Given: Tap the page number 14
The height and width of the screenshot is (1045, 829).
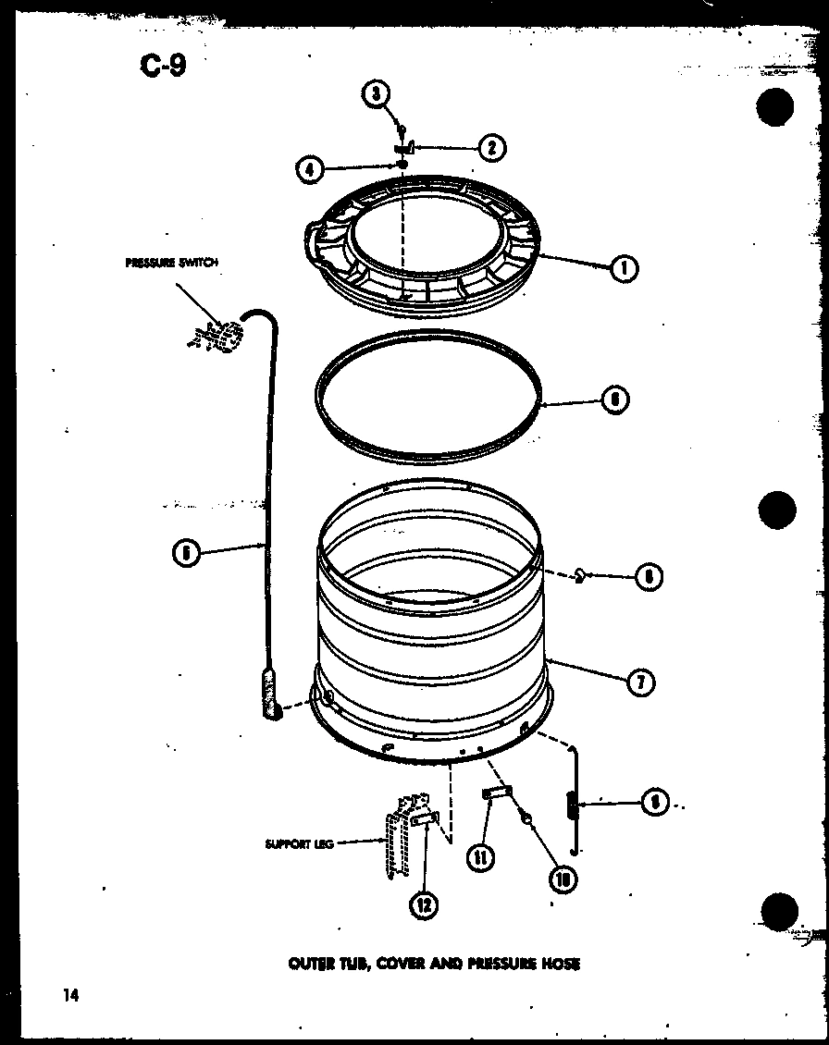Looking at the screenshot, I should [70, 995].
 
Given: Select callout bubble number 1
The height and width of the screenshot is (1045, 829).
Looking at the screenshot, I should [625, 268].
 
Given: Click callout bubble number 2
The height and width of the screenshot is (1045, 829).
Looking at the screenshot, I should [491, 147].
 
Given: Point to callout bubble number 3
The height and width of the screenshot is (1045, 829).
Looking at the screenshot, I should [376, 93].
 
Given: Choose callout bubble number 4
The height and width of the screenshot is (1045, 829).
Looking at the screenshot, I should [310, 168].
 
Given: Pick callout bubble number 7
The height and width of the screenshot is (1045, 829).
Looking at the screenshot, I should [639, 682].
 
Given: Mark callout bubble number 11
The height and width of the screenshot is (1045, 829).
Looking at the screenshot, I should [480, 857].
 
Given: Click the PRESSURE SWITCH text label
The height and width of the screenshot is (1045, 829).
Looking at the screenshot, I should [171, 263].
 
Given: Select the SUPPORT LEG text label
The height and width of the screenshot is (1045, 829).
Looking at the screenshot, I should [298, 843].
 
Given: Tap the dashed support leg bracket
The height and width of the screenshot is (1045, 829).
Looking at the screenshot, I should [398, 832].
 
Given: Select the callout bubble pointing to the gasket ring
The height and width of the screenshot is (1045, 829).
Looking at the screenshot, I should [615, 400].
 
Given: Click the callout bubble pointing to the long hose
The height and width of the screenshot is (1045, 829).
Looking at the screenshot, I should [186, 552].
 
